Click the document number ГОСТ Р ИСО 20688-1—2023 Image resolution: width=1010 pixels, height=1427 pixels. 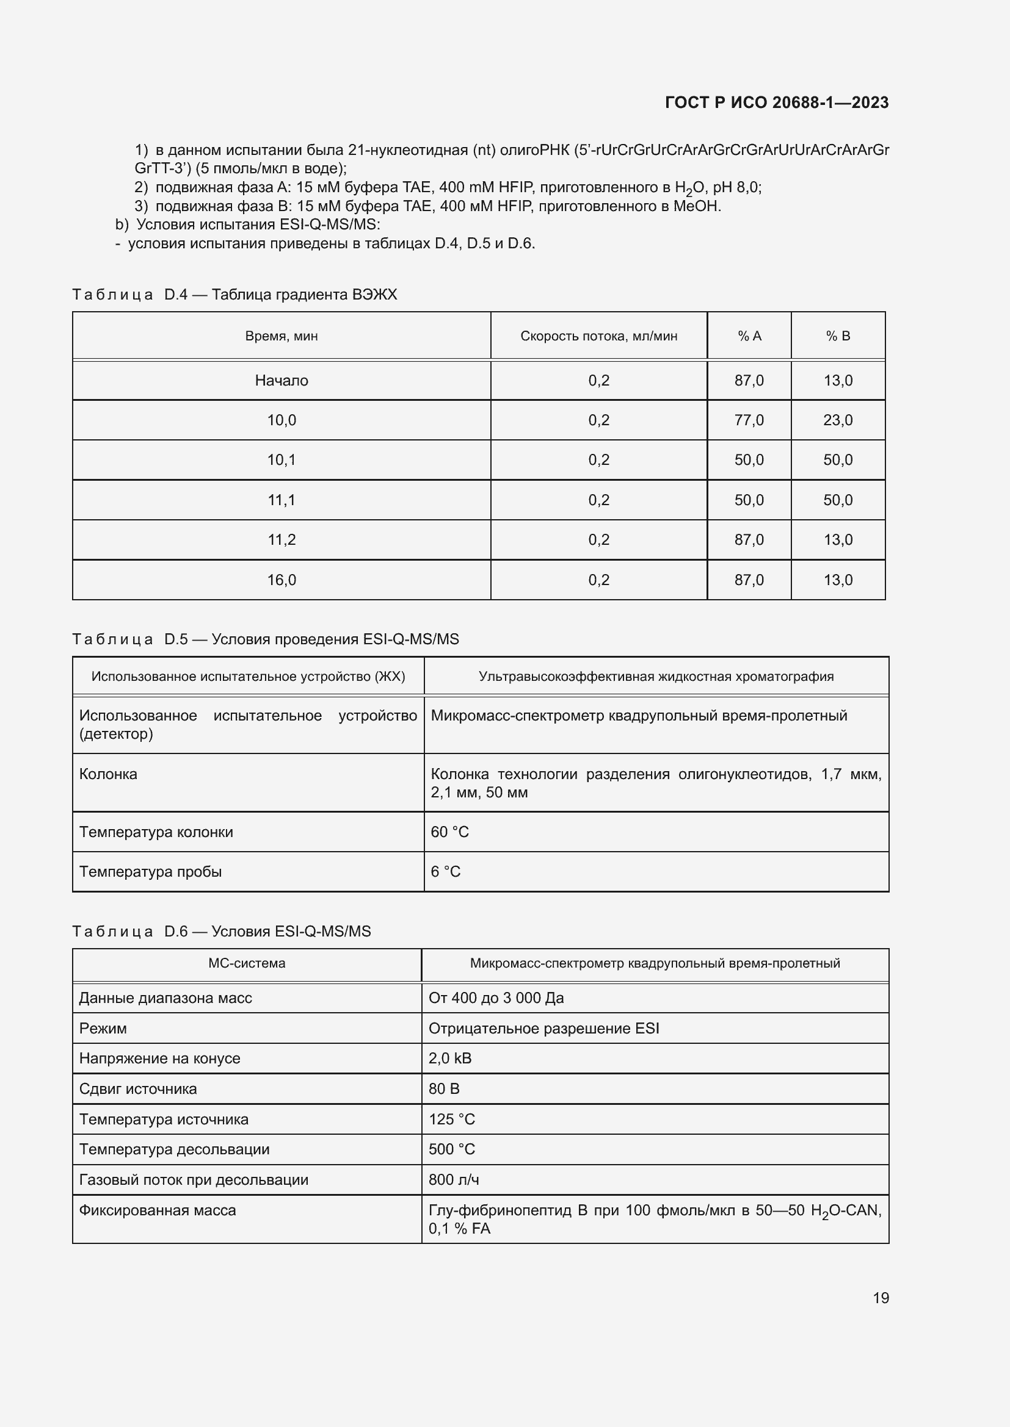776,102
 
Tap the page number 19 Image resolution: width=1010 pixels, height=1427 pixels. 881,1298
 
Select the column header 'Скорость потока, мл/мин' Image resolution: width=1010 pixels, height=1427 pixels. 598,336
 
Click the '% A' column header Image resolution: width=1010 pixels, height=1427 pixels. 749,336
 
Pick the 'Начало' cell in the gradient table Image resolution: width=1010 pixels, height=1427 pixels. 281,380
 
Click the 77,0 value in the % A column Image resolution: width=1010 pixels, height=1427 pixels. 749,420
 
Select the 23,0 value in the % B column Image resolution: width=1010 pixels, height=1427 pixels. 838,420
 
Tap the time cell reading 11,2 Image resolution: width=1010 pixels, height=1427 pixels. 281,539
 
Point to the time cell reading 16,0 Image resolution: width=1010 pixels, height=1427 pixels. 281,580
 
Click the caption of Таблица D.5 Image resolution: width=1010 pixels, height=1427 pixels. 266,639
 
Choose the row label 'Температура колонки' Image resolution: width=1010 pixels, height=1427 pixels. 156,832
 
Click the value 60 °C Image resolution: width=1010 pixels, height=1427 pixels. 449,832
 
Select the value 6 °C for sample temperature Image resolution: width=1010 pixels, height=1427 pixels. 445,871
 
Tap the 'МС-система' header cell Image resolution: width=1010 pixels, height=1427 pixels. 246,963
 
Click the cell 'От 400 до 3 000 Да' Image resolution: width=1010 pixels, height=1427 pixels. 496,997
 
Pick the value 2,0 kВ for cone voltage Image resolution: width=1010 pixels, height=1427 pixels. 449,1058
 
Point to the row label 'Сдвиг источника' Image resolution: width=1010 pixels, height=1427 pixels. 138,1088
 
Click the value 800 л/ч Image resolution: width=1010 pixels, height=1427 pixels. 453,1179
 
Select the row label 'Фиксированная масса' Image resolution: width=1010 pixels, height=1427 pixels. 158,1210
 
